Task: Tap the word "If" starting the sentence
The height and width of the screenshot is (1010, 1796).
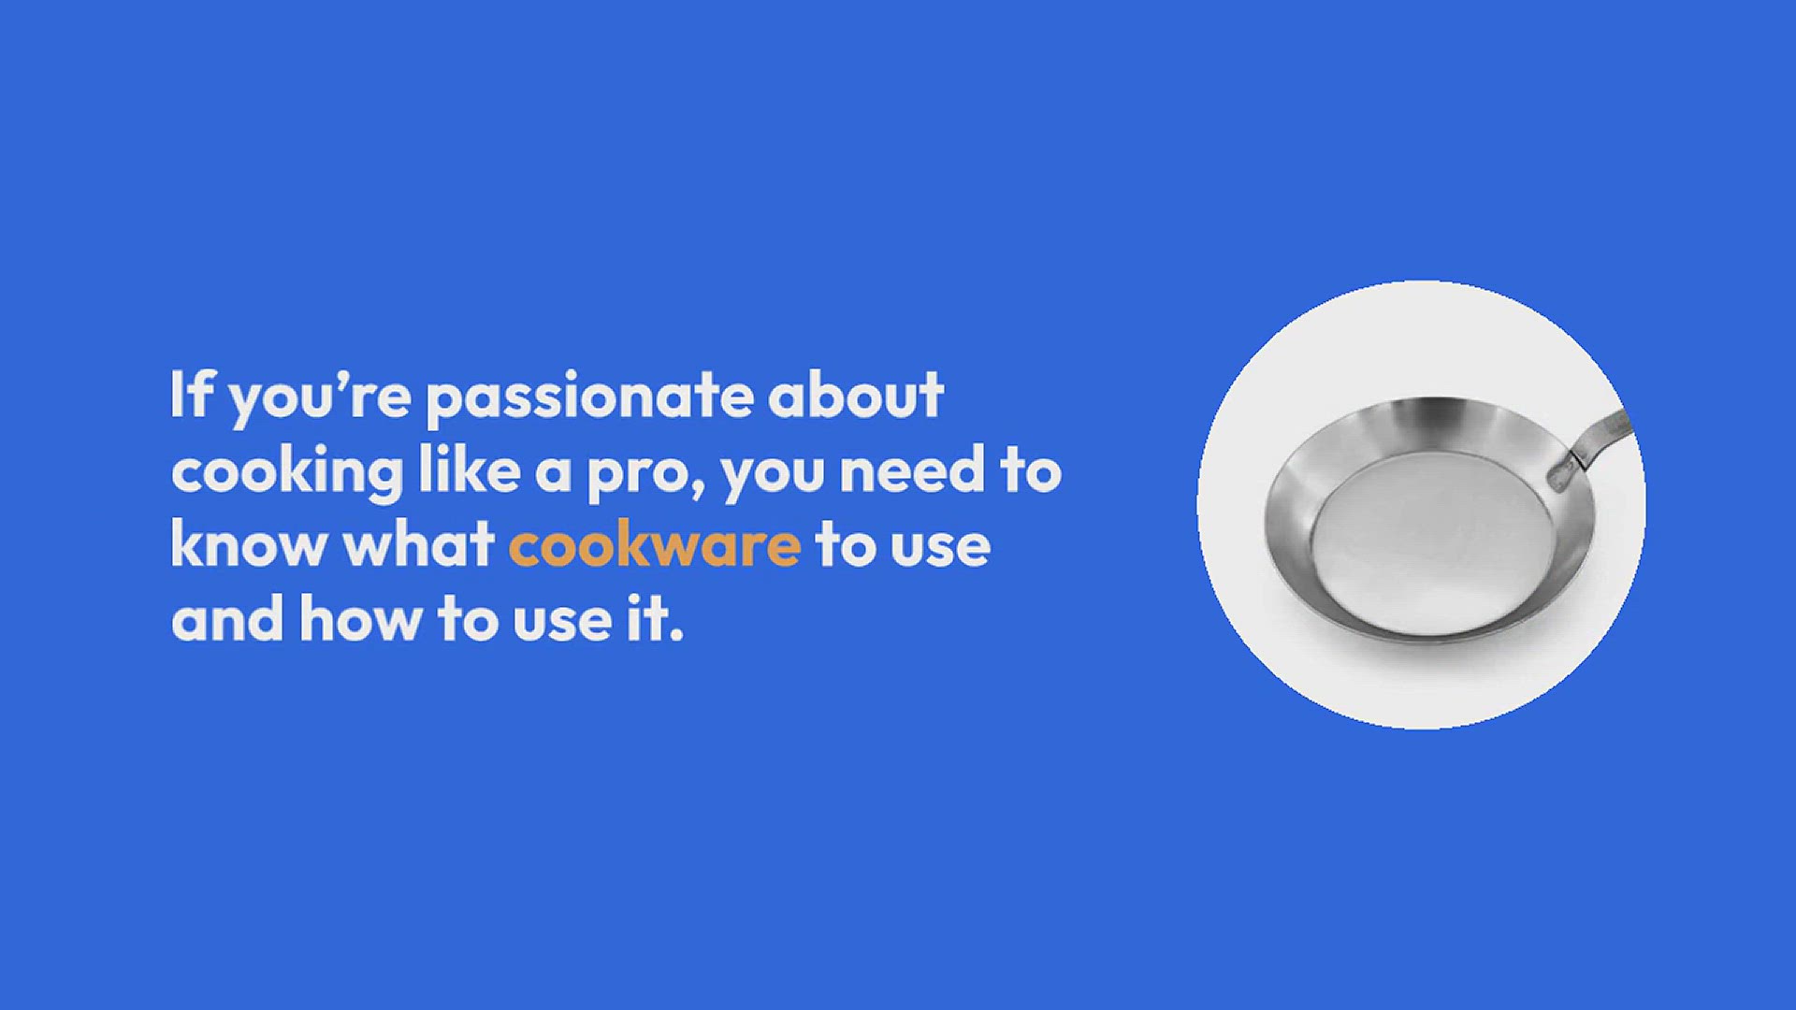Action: point(190,394)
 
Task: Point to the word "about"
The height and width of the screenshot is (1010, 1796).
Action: point(856,395)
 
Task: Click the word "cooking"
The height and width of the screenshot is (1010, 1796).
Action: point(288,473)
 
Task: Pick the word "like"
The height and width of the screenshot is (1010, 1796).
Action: point(470,469)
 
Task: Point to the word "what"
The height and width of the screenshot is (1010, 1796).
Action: point(418,543)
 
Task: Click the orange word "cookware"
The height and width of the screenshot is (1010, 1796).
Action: point(655,543)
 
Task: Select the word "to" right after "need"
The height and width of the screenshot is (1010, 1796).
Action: point(1031,470)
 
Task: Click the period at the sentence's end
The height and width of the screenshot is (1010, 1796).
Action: point(676,635)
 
